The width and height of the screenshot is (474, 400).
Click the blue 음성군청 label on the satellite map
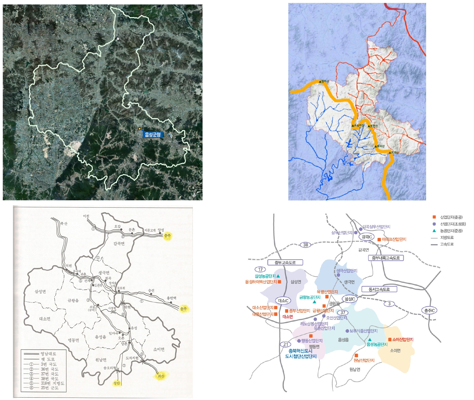pos(153,135)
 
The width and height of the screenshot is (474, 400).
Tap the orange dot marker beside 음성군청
pos(140,129)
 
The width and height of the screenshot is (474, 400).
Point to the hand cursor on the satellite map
pos(118,38)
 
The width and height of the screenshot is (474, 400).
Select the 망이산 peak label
pos(325,81)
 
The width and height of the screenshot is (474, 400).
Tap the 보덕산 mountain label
pos(381,146)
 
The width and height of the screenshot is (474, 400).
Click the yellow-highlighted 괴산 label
pos(161,376)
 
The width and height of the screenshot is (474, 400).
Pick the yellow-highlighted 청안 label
pos(117,383)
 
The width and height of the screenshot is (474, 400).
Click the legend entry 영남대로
pos(48,354)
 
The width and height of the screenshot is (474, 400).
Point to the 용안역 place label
pos(172,298)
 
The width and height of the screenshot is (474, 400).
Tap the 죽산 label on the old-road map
pos(64,223)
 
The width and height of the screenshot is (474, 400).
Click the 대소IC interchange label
pos(283,300)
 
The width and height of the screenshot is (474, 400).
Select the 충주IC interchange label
pos(430,311)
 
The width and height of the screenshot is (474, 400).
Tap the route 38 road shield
pos(305,245)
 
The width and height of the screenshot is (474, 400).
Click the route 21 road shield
pos(286,344)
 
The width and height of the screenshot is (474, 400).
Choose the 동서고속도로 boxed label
pos(379,289)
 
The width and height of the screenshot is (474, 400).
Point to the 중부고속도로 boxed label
pos(285,262)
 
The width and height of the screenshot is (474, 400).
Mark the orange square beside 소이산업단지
pos(390,340)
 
